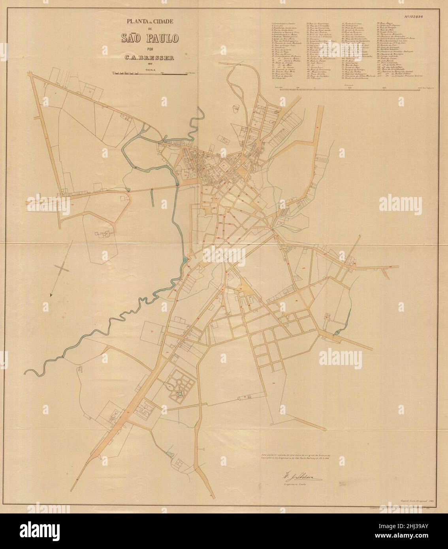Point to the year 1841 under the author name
pyautogui.click(x=150, y=64)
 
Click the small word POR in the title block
pyautogui.click(x=150, y=49)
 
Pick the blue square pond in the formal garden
pyautogui.click(x=180, y=395)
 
